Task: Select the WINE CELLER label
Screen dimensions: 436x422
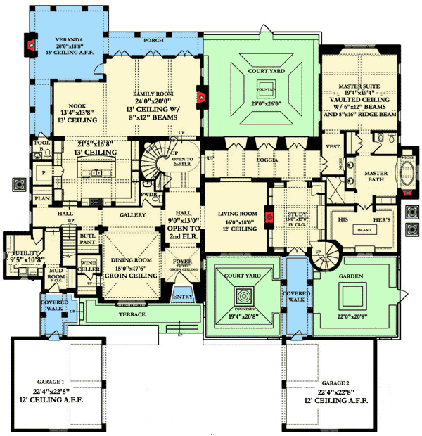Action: pos(89,266)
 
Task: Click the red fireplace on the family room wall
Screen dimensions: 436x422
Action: pos(201,92)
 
